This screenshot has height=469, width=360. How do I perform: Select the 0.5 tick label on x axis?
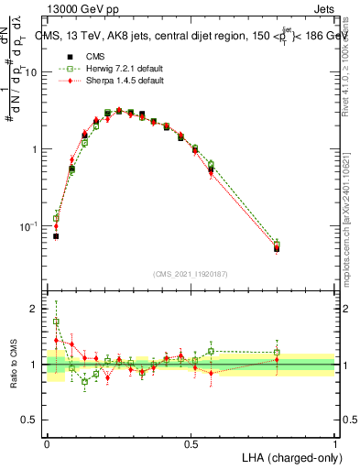pyautogui.click(x=191, y=442)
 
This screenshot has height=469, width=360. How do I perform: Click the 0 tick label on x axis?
pyautogui.click(x=47, y=442)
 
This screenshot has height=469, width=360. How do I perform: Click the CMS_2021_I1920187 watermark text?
pyautogui.click(x=191, y=274)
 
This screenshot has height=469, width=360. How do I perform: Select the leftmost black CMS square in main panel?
pyautogui.click(x=56, y=236)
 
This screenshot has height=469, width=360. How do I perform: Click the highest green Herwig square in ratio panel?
pyautogui.click(x=56, y=322)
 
